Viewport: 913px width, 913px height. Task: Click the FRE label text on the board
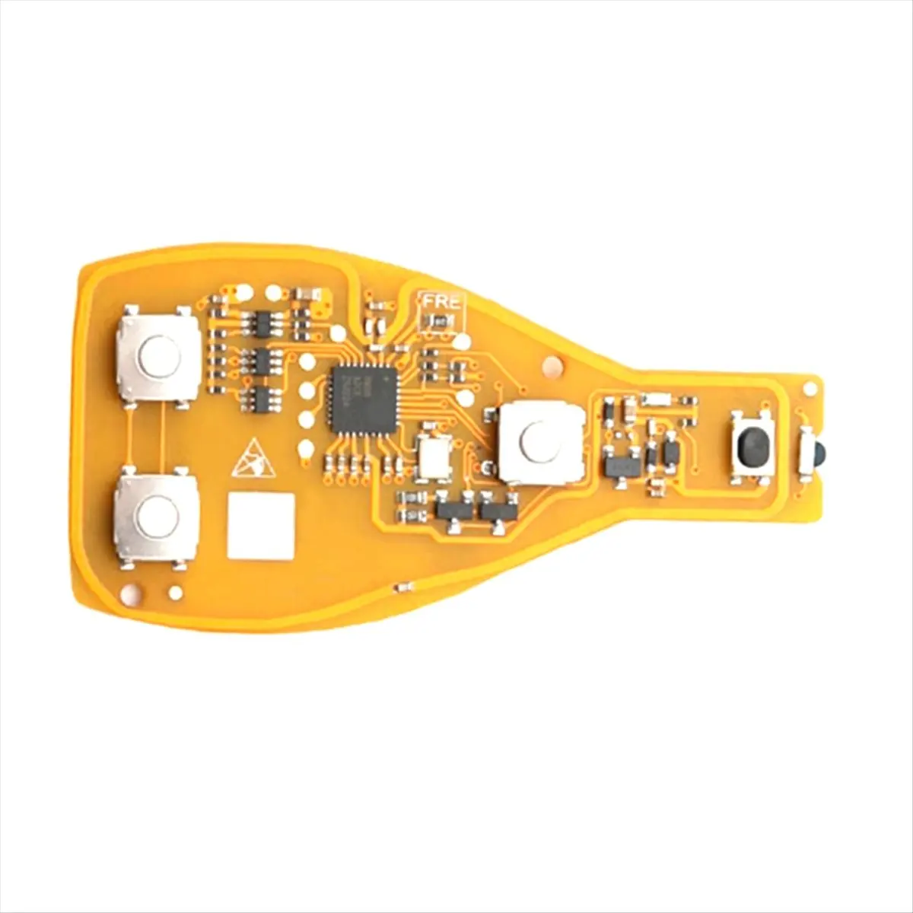click(x=441, y=301)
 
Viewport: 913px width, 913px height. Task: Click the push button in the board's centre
click(x=542, y=443)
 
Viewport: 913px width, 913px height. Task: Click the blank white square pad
click(x=260, y=526)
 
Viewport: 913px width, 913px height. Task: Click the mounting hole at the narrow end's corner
click(x=810, y=387)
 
